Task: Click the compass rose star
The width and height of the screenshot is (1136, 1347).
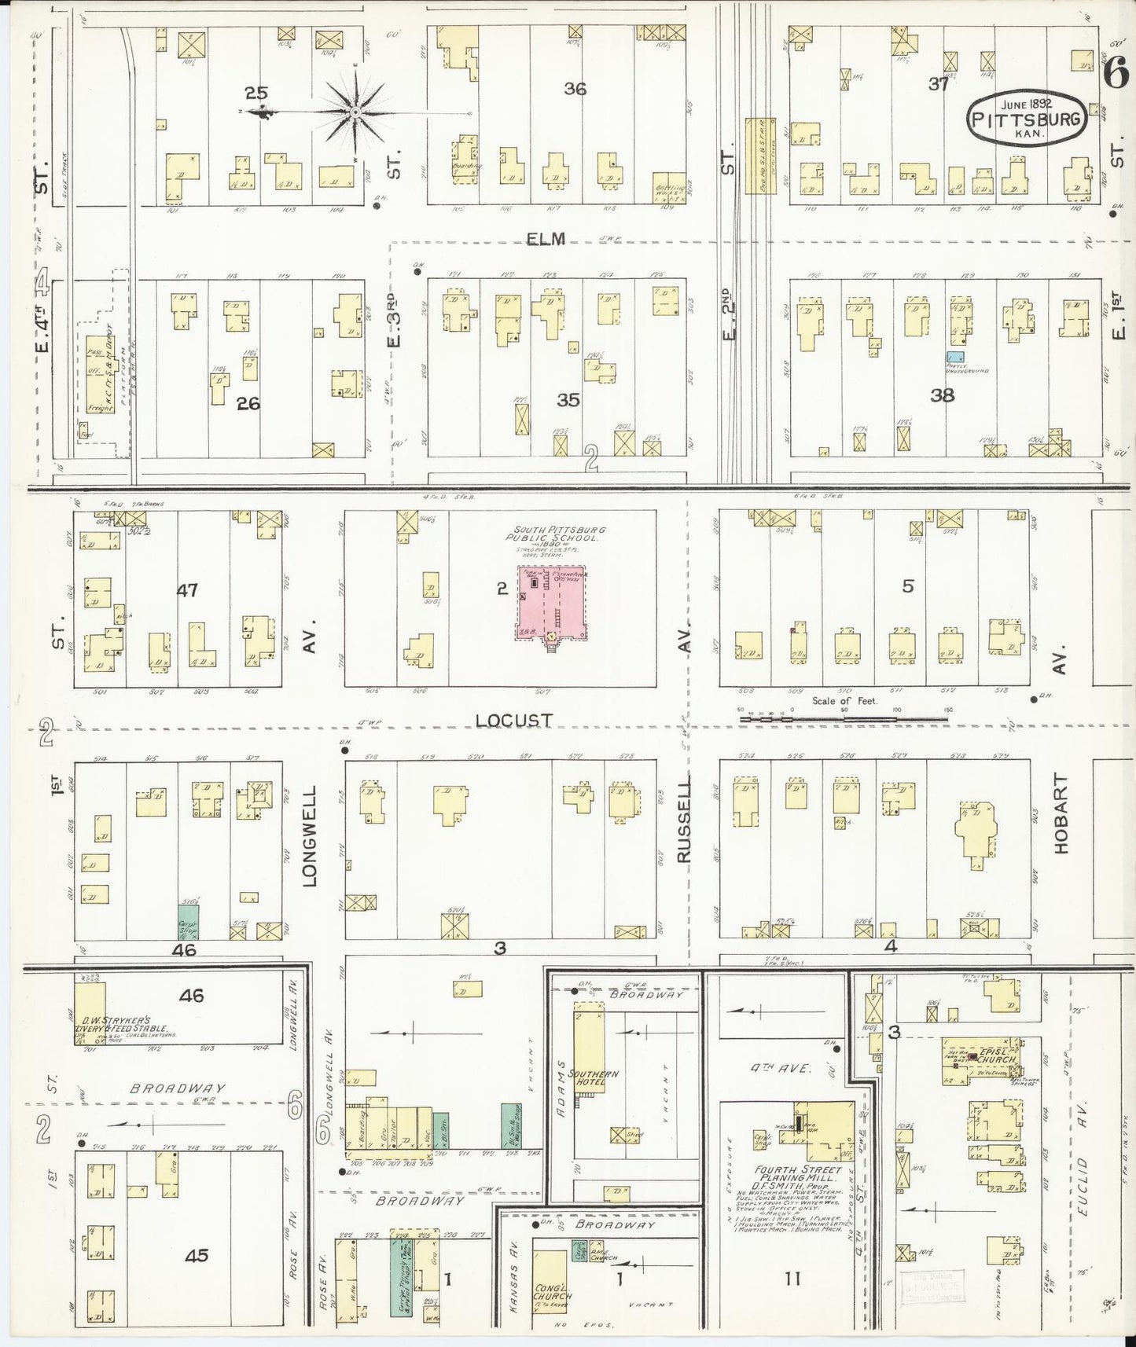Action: pyautogui.click(x=355, y=113)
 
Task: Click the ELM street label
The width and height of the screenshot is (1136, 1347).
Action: pyautogui.click(x=546, y=239)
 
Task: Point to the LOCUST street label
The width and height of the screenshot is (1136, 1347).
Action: pyautogui.click(x=513, y=720)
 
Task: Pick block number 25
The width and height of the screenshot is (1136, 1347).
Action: pyautogui.click(x=256, y=94)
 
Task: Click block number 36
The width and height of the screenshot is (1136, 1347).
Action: pyautogui.click(x=575, y=89)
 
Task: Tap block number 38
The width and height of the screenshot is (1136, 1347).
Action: pyautogui.click(x=942, y=395)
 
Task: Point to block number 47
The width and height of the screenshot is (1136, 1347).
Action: pyautogui.click(x=187, y=589)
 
